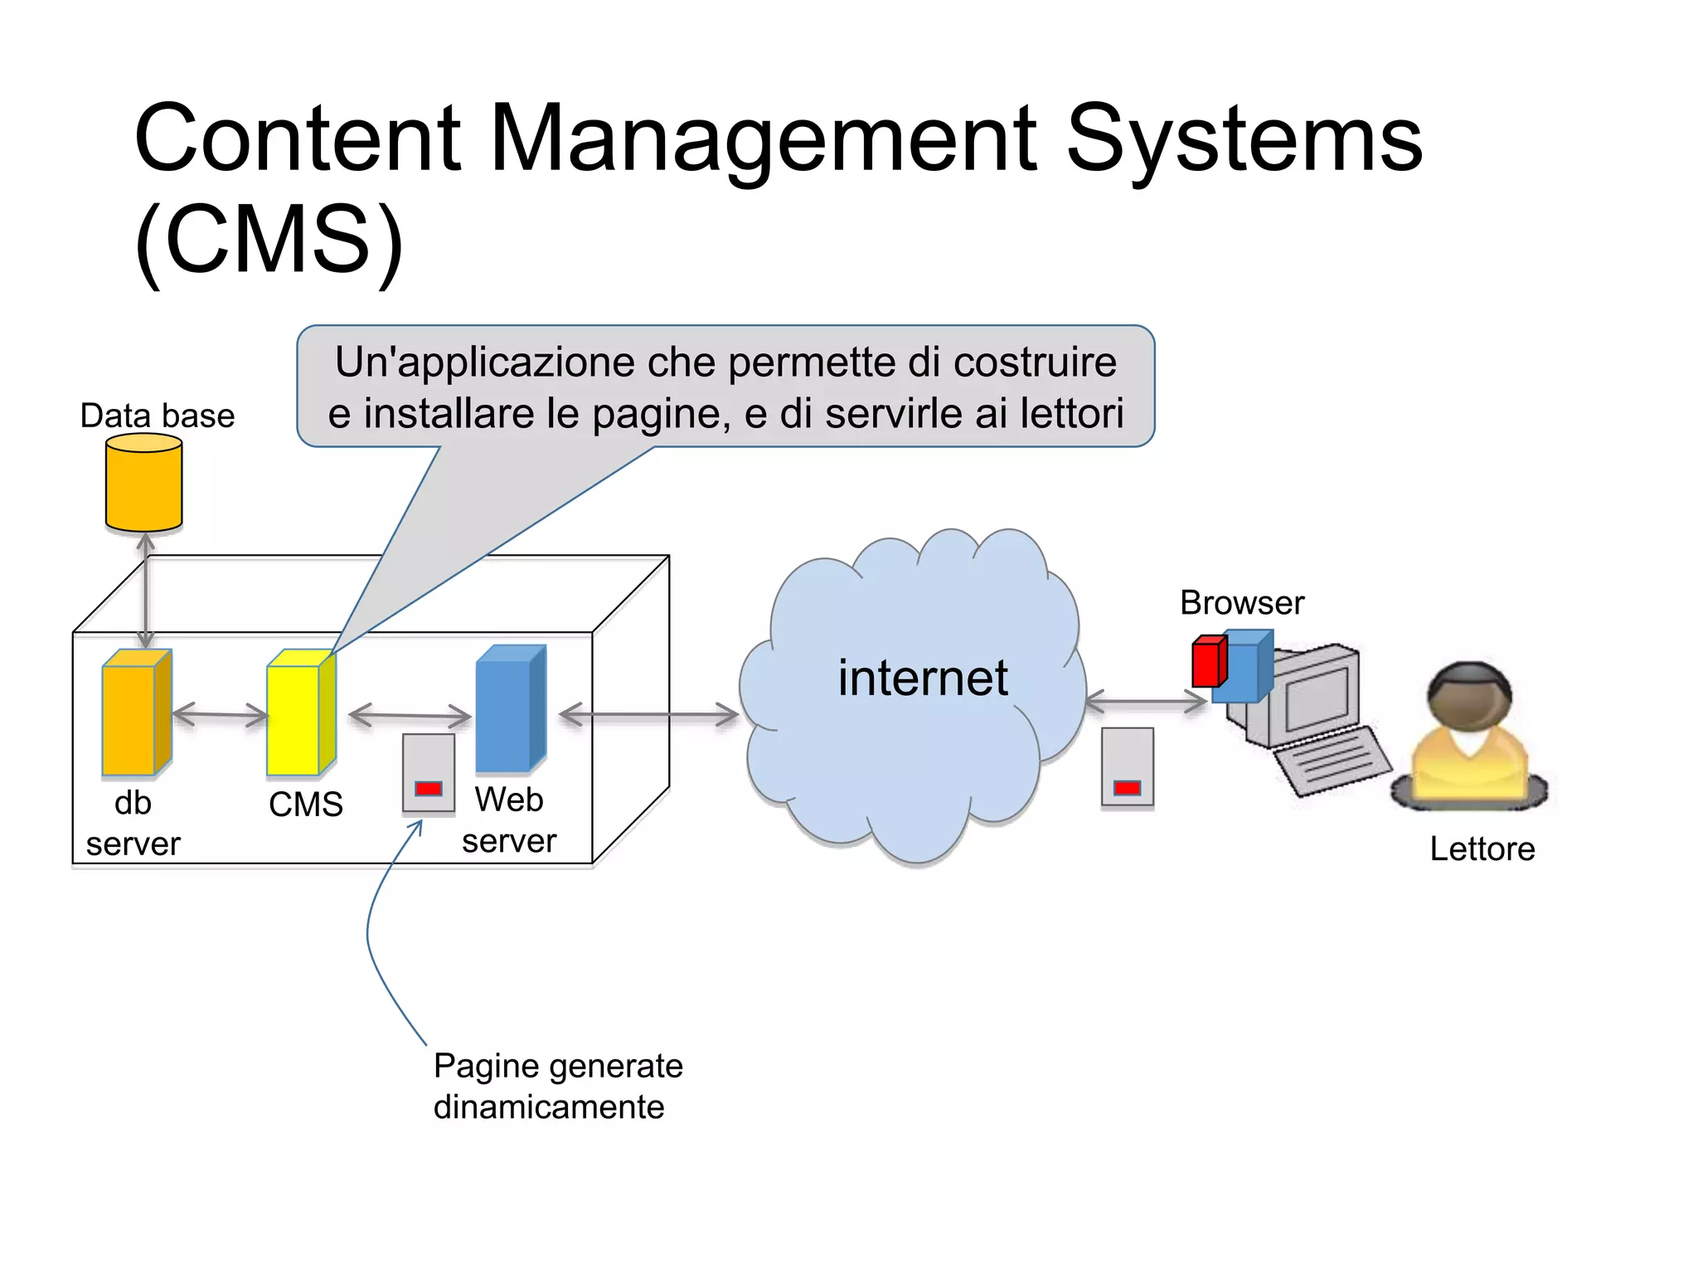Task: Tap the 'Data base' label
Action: coord(157,416)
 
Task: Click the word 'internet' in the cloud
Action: coord(922,678)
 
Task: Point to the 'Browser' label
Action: coord(1241,603)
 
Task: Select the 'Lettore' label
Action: coord(1482,849)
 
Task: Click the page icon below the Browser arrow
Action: coord(1127,767)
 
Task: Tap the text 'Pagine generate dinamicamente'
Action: coord(557,1086)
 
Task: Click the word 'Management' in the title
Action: coord(762,139)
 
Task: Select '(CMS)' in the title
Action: coord(269,241)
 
